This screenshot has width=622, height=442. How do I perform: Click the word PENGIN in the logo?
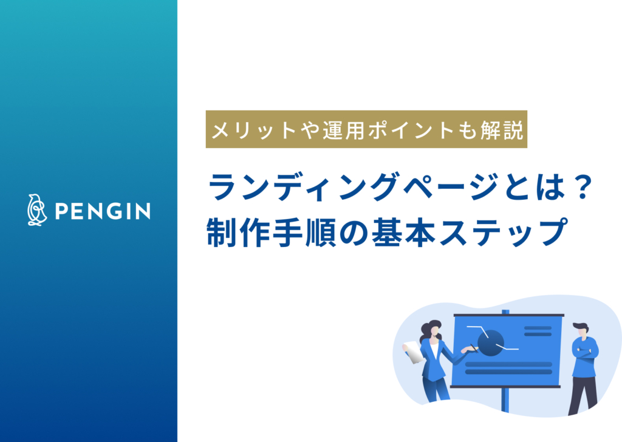click(x=103, y=211)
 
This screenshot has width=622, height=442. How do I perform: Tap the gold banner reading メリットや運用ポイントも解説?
click(x=366, y=129)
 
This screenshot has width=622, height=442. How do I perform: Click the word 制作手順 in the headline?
click(x=267, y=233)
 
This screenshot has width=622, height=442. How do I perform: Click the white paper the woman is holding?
click(x=413, y=352)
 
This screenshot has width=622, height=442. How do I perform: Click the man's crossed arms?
click(x=585, y=352)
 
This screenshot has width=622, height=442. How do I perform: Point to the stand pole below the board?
click(x=504, y=400)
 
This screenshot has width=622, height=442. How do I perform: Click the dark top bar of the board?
click(x=508, y=316)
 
